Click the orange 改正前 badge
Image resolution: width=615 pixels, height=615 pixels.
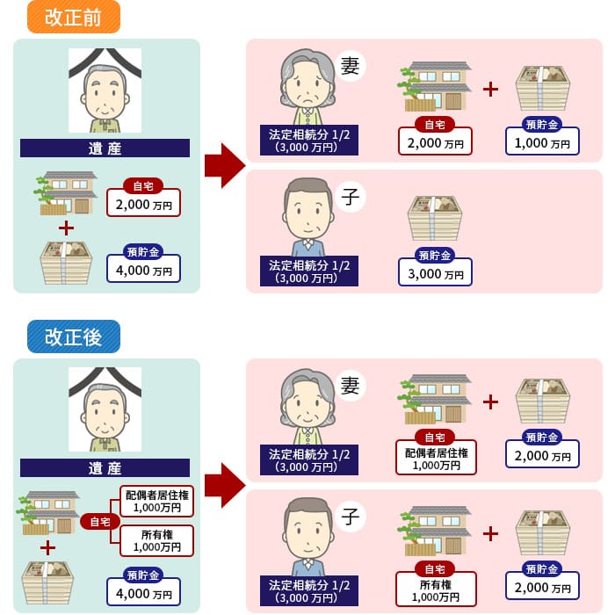(73, 18)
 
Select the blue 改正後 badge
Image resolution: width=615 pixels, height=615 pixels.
(73, 337)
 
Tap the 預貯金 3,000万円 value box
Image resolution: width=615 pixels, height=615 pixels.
(435, 271)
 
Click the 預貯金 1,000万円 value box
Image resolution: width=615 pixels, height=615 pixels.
(542, 141)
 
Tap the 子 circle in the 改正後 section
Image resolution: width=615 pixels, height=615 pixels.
(350, 517)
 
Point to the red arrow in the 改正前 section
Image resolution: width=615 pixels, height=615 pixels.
(225, 165)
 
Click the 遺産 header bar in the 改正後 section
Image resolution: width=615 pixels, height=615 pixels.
(105, 467)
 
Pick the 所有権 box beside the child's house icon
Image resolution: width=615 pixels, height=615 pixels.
(436, 589)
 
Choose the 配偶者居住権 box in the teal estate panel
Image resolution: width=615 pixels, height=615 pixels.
(156, 501)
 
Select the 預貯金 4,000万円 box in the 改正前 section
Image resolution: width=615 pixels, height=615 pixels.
(143, 268)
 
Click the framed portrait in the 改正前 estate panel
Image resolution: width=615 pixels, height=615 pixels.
(105, 90)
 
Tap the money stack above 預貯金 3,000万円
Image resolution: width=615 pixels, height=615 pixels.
(435, 219)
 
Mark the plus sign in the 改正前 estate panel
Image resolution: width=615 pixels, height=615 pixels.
(65, 228)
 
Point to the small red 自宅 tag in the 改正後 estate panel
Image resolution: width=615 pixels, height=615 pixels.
(99, 522)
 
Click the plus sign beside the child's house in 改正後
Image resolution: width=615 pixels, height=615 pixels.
(490, 532)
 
